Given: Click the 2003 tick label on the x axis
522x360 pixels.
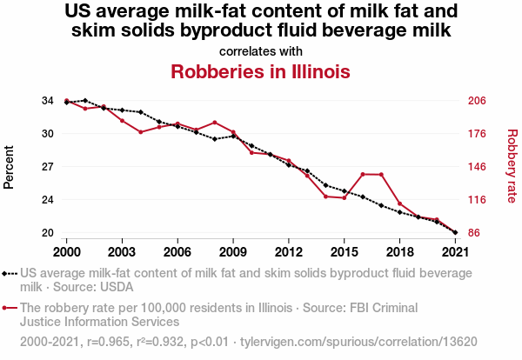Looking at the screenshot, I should pyautogui.click(x=122, y=251).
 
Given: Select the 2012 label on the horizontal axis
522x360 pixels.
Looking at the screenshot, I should pyautogui.click(x=289, y=251).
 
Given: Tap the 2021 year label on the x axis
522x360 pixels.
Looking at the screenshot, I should pyautogui.click(x=455, y=251).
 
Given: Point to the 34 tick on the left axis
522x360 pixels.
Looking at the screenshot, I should pyautogui.click(x=48, y=101).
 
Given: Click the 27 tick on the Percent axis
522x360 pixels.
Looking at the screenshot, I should pyautogui.click(x=48, y=167).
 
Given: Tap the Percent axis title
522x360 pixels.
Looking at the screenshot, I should pyautogui.click(x=10, y=167).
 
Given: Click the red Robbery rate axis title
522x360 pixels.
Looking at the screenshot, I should pyautogui.click(x=512, y=167).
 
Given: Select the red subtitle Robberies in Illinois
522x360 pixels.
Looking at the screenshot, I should pyautogui.click(x=260, y=71).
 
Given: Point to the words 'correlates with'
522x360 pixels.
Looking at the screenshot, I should pyautogui.click(x=260, y=51).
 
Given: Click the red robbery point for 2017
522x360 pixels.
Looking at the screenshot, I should pyautogui.click(x=381, y=175).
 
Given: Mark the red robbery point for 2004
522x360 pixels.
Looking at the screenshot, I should pyautogui.click(x=140, y=132).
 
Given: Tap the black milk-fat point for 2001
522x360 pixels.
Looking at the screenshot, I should pyautogui.click(x=84, y=101).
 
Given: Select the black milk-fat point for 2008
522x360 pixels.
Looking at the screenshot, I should pyautogui.click(x=214, y=139).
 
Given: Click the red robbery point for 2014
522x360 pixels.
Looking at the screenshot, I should pyautogui.click(x=325, y=197).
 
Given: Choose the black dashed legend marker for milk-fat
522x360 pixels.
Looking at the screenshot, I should pyautogui.click(x=10, y=273).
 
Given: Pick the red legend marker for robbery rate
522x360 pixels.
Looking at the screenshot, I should pyautogui.click(x=10, y=308).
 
